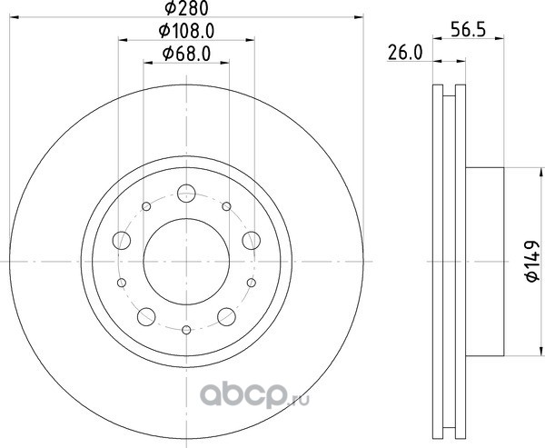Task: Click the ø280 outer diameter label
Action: [x=186, y=8]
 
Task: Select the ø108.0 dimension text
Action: [x=186, y=31]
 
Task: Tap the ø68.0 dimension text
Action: [x=186, y=54]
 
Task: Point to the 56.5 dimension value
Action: [x=468, y=30]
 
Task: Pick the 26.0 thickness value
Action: [x=405, y=54]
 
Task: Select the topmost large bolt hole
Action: [x=186, y=194]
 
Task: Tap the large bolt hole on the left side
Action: [x=122, y=241]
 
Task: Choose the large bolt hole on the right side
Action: [x=252, y=241]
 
